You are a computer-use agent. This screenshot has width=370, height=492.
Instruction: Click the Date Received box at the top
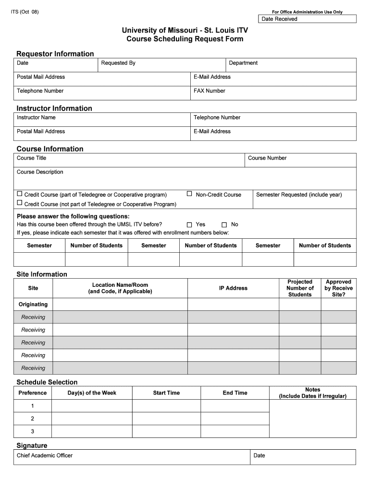coord(308,19)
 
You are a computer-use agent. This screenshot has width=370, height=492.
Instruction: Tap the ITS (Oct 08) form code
coord(25,12)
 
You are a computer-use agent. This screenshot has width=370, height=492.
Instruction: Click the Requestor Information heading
coord(55,54)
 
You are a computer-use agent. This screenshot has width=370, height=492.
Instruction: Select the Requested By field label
coord(118,63)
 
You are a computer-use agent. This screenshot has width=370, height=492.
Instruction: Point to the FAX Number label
coord(209,91)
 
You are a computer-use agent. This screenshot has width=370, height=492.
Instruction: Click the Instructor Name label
coord(36,117)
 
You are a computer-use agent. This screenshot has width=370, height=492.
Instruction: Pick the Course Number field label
coord(267,158)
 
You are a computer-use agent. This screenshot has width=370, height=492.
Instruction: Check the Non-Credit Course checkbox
coord(189,194)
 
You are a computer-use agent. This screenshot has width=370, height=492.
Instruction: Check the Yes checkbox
coord(189,225)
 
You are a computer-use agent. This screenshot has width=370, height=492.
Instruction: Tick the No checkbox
coord(224,225)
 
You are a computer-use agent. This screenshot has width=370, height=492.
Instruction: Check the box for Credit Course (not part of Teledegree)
coord(20,204)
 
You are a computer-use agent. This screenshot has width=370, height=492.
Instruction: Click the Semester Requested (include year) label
coord(299,195)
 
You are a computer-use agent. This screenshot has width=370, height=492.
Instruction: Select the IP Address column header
coord(233,288)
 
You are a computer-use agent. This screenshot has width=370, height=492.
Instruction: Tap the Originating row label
coord(33,304)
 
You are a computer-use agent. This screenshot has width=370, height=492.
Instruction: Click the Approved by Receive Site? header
coord(338,288)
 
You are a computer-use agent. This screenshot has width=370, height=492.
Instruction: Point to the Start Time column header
coord(166,393)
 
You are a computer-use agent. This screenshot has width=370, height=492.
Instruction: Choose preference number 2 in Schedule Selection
coord(33,418)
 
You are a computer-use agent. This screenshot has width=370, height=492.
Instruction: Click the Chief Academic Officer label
coord(45,455)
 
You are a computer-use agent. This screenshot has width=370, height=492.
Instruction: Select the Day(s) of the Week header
coord(92,393)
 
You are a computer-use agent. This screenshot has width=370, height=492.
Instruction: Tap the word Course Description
coord(40,172)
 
